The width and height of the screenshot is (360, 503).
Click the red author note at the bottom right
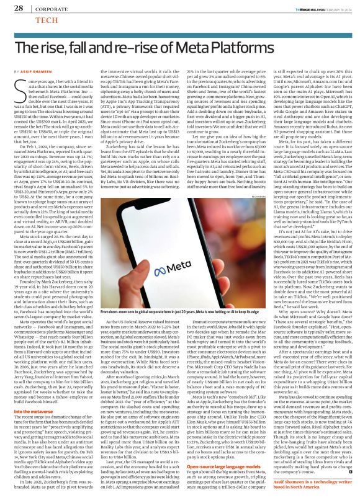310,487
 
